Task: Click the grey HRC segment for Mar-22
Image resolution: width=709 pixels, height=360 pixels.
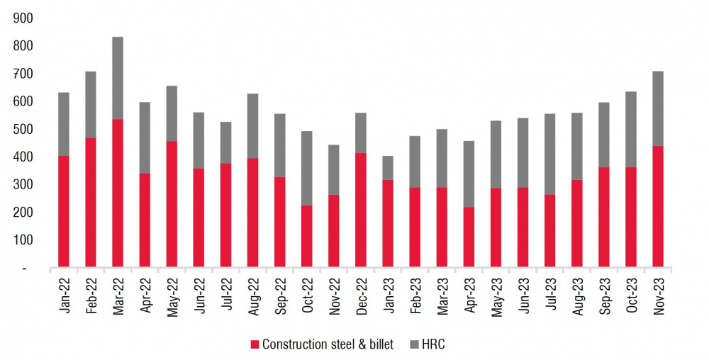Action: point(118,78)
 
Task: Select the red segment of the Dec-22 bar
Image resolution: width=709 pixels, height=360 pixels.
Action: point(360,210)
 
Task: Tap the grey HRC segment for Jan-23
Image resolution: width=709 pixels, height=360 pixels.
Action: point(388,168)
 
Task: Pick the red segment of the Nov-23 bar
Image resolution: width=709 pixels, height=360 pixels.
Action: point(658,206)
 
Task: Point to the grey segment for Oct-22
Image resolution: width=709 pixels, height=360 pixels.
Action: point(306,169)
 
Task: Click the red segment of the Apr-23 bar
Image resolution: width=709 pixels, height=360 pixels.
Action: point(469,237)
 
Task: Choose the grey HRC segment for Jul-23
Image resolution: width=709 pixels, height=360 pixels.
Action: point(550,154)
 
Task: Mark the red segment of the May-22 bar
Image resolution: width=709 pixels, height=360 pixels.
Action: point(172,204)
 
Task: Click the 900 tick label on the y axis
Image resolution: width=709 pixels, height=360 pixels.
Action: point(23,18)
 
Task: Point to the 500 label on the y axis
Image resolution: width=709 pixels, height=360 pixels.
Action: point(23,129)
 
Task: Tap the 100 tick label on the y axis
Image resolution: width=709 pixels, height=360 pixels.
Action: point(23,240)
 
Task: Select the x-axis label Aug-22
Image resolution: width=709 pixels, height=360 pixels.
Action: point(252,296)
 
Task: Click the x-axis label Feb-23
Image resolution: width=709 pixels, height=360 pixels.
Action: point(415,296)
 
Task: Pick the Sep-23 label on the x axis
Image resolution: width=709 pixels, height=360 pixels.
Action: point(604,296)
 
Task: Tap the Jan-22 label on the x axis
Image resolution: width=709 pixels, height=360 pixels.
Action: point(65,296)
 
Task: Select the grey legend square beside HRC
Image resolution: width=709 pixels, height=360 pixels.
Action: point(414,345)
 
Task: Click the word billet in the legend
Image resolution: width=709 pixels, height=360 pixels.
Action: point(381,344)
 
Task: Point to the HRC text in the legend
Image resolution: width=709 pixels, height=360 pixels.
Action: point(433,344)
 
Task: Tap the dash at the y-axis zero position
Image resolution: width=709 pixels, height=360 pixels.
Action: point(24,269)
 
